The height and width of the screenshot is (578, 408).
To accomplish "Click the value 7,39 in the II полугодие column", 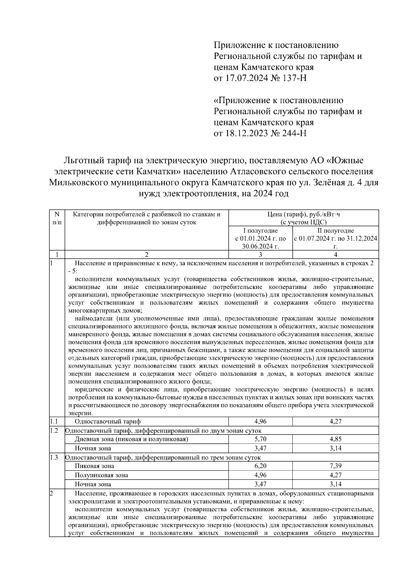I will pos(335,466).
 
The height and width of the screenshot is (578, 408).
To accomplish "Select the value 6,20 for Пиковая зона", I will pos(260,466).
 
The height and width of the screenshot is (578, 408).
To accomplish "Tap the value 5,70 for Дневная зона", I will pos(260,439).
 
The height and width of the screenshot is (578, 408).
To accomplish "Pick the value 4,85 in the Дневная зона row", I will pos(335,439).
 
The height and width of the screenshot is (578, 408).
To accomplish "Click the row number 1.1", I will pos(53,421).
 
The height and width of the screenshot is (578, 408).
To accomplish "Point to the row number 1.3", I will pos(53,457).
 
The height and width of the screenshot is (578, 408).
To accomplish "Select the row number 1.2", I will pos(53,430).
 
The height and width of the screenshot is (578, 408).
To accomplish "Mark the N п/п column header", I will pos(57,218).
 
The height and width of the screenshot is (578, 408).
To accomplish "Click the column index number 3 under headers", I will pos(260,255).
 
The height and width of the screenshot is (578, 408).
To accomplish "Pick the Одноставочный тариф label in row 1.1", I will pos(107,421).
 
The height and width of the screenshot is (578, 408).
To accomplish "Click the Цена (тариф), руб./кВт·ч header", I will pos(303,214).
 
